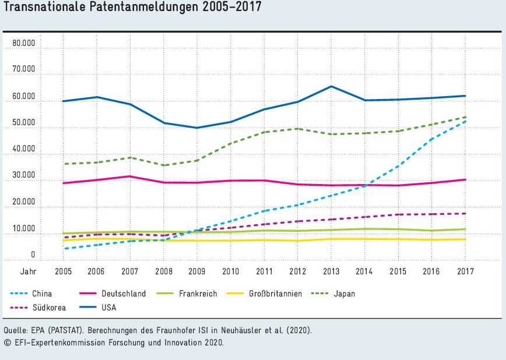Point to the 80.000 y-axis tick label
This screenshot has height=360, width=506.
coord(24,43)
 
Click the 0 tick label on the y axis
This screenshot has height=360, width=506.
coord(33,255)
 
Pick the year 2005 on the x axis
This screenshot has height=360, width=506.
coord(63,271)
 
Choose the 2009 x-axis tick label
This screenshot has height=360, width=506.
coord(197,271)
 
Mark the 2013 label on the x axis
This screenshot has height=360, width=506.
coord(331,271)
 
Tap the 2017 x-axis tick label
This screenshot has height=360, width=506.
coord(465,271)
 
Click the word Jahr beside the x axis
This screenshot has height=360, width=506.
coord(27,271)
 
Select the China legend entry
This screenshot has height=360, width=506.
coord(42,294)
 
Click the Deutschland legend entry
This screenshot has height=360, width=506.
coord(122,294)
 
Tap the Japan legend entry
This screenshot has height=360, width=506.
coord(345,294)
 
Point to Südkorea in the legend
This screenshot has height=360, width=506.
coord(48,307)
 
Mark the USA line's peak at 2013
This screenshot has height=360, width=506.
coord(331,86)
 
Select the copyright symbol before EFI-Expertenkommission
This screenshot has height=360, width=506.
coord(7,342)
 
